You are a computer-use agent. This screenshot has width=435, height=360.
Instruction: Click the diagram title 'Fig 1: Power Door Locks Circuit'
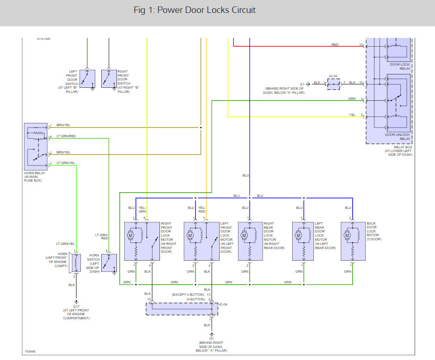(195, 10)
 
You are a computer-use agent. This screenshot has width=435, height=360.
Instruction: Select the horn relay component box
(36, 146)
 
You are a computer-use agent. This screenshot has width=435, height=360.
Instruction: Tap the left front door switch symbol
(87, 79)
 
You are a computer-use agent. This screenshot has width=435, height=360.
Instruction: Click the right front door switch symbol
(109, 79)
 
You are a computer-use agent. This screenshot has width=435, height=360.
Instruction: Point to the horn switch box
(109, 263)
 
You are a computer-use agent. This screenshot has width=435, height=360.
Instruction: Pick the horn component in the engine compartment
(75, 263)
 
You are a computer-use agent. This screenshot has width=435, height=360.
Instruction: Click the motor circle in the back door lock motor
(347, 236)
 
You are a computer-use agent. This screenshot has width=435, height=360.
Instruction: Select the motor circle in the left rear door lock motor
(298, 236)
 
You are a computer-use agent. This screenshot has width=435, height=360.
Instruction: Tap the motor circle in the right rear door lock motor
(244, 236)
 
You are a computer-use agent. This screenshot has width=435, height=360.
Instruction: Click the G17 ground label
(76, 307)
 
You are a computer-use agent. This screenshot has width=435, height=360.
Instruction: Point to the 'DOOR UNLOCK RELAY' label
(397, 137)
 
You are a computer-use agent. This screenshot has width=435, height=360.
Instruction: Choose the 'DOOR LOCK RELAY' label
(400, 67)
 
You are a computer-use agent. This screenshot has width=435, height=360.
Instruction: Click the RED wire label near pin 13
(335, 45)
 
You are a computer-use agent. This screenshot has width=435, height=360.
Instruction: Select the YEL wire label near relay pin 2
(352, 115)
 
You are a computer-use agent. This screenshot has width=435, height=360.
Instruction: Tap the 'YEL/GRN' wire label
(142, 209)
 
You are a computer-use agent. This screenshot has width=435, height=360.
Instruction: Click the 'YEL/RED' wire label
(202, 209)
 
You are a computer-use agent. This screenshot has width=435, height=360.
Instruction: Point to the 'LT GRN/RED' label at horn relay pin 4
(66, 136)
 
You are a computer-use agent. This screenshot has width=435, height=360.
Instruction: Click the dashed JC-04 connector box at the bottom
(182, 309)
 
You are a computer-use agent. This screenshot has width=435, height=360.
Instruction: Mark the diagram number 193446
(30, 351)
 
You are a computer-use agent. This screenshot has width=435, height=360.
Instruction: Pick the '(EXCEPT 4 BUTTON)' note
(188, 294)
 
